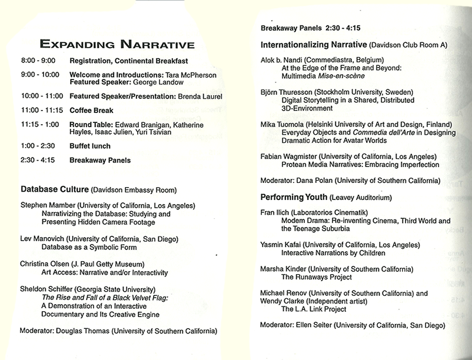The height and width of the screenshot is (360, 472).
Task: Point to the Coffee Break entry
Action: click(91, 111)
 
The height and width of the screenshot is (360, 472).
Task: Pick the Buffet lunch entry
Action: click(90, 145)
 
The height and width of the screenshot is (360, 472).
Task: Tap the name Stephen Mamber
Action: click(45, 205)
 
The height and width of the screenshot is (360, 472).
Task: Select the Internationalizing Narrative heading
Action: click(314, 45)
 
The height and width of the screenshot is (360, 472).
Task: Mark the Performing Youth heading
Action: click(294, 196)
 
